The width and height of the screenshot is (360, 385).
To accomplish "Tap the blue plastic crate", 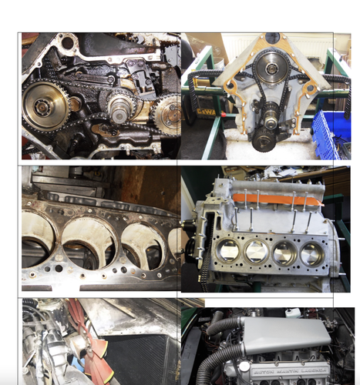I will click(x=332, y=131).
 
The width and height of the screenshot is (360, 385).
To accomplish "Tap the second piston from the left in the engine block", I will click(x=256, y=252).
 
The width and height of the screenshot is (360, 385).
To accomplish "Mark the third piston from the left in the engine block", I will click(x=284, y=254).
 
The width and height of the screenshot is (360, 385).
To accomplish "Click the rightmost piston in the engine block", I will click(x=312, y=255).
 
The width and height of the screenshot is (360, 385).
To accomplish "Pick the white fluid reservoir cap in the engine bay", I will click(x=293, y=313).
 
